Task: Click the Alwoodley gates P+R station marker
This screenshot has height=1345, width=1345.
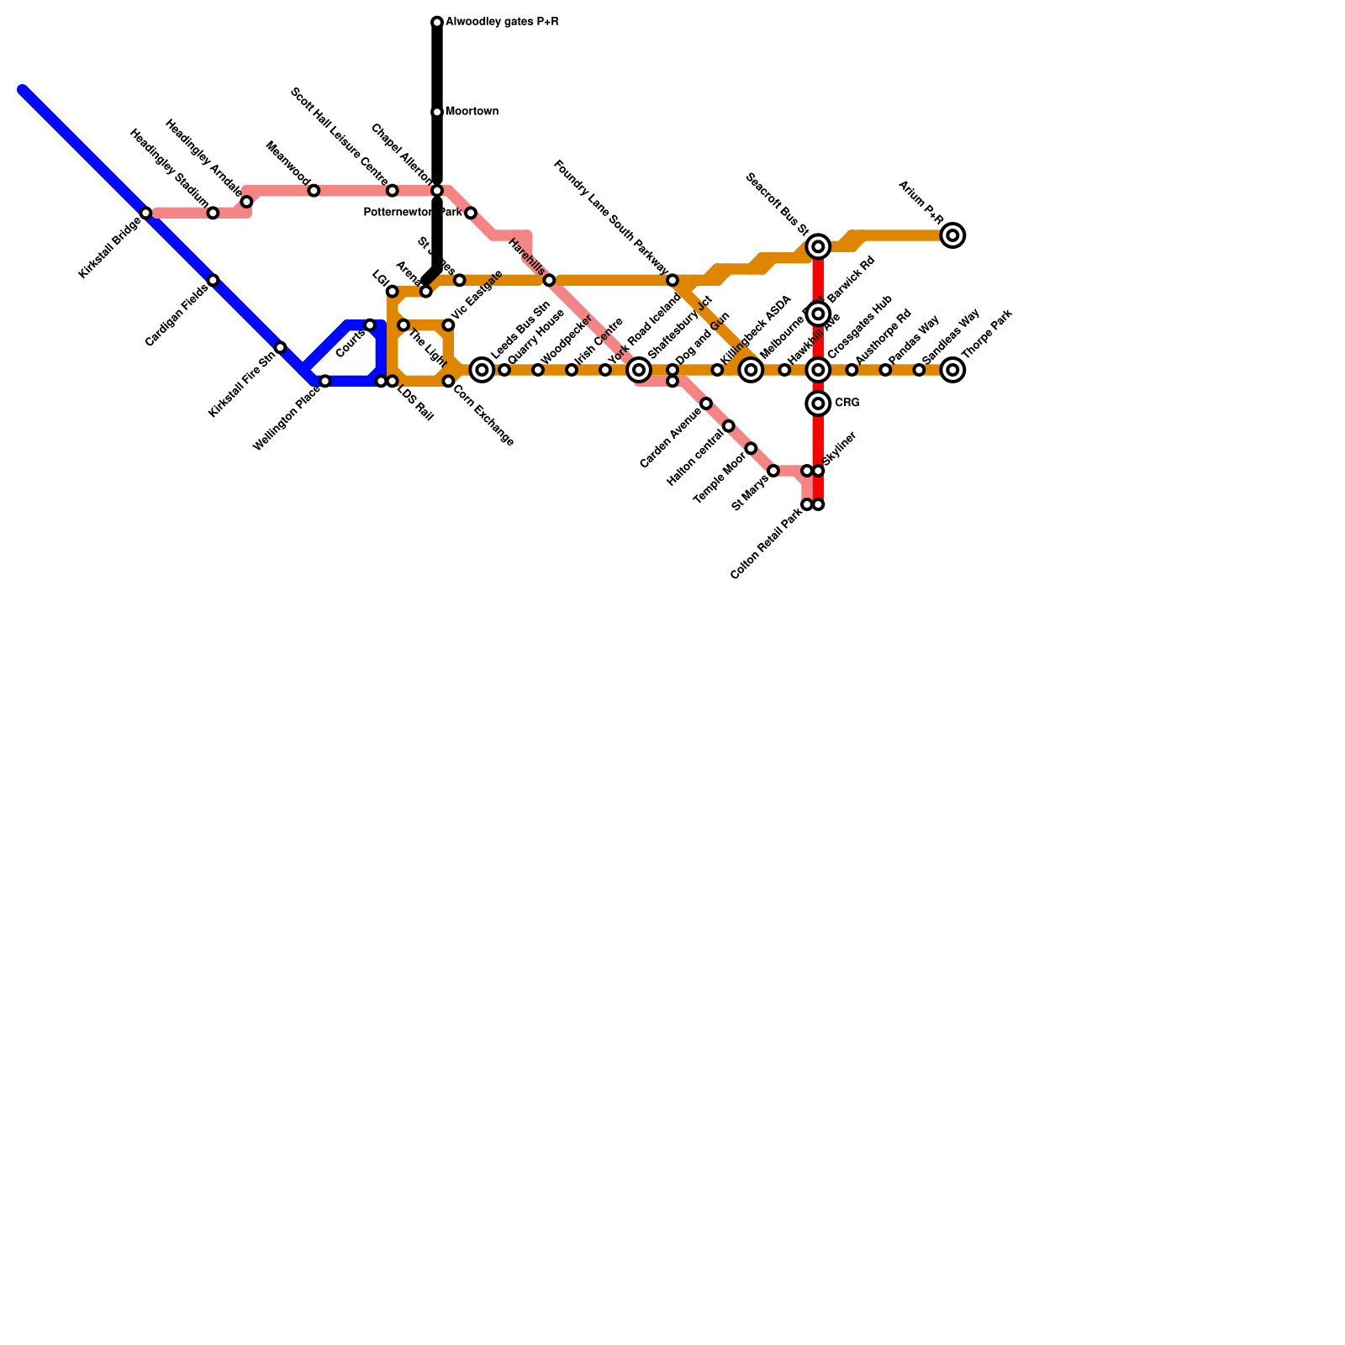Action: (437, 22)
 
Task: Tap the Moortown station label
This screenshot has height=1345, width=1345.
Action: (472, 112)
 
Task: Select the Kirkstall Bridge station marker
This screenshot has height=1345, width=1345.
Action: (146, 214)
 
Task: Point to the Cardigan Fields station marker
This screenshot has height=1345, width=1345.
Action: (214, 281)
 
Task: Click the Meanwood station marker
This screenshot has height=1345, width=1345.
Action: (314, 191)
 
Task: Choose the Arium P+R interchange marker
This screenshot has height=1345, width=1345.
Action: (952, 235)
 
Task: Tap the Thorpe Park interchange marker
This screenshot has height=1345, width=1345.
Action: (952, 370)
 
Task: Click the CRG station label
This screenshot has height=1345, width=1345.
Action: (847, 403)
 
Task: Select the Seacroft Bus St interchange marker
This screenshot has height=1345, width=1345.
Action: (818, 246)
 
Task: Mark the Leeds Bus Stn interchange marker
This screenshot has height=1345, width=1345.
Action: (482, 370)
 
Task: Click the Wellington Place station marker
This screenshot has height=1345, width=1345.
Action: (325, 382)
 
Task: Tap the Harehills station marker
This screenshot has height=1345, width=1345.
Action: (549, 280)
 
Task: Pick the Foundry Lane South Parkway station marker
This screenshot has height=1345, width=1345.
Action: (672, 280)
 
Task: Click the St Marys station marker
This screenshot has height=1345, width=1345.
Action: (773, 471)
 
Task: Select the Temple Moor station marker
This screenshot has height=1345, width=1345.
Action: (751, 448)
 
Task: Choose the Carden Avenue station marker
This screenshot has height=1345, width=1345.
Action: (706, 403)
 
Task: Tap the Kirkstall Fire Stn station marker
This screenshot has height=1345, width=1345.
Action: (281, 348)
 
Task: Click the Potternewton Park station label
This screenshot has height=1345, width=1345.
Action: (413, 214)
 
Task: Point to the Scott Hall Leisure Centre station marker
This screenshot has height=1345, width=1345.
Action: (392, 191)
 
